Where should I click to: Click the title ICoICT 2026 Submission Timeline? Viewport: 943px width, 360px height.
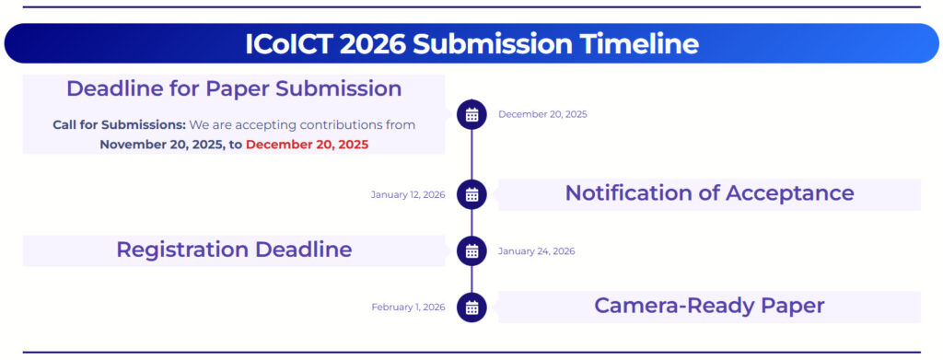[471, 44]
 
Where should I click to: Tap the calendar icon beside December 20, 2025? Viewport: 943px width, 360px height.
[471, 114]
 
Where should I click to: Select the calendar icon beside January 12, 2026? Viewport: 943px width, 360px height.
[471, 194]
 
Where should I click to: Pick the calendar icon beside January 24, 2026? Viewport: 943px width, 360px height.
[471, 250]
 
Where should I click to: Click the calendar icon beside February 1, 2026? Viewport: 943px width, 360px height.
[471, 308]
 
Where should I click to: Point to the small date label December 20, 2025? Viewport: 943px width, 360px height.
[542, 114]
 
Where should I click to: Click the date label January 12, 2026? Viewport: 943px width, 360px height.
[408, 194]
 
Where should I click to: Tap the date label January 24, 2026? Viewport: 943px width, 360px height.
[537, 251]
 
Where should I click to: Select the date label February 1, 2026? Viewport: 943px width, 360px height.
[408, 308]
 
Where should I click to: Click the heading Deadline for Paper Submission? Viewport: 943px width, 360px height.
[234, 88]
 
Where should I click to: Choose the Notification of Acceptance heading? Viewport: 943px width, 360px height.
[710, 193]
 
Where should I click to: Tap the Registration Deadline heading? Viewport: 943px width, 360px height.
[234, 250]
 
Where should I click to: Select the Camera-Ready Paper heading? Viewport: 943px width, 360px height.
[709, 306]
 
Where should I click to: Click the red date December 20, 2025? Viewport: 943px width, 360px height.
[308, 145]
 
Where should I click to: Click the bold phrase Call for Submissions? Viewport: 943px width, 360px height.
[120, 125]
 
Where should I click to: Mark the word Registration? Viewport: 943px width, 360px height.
[181, 250]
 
